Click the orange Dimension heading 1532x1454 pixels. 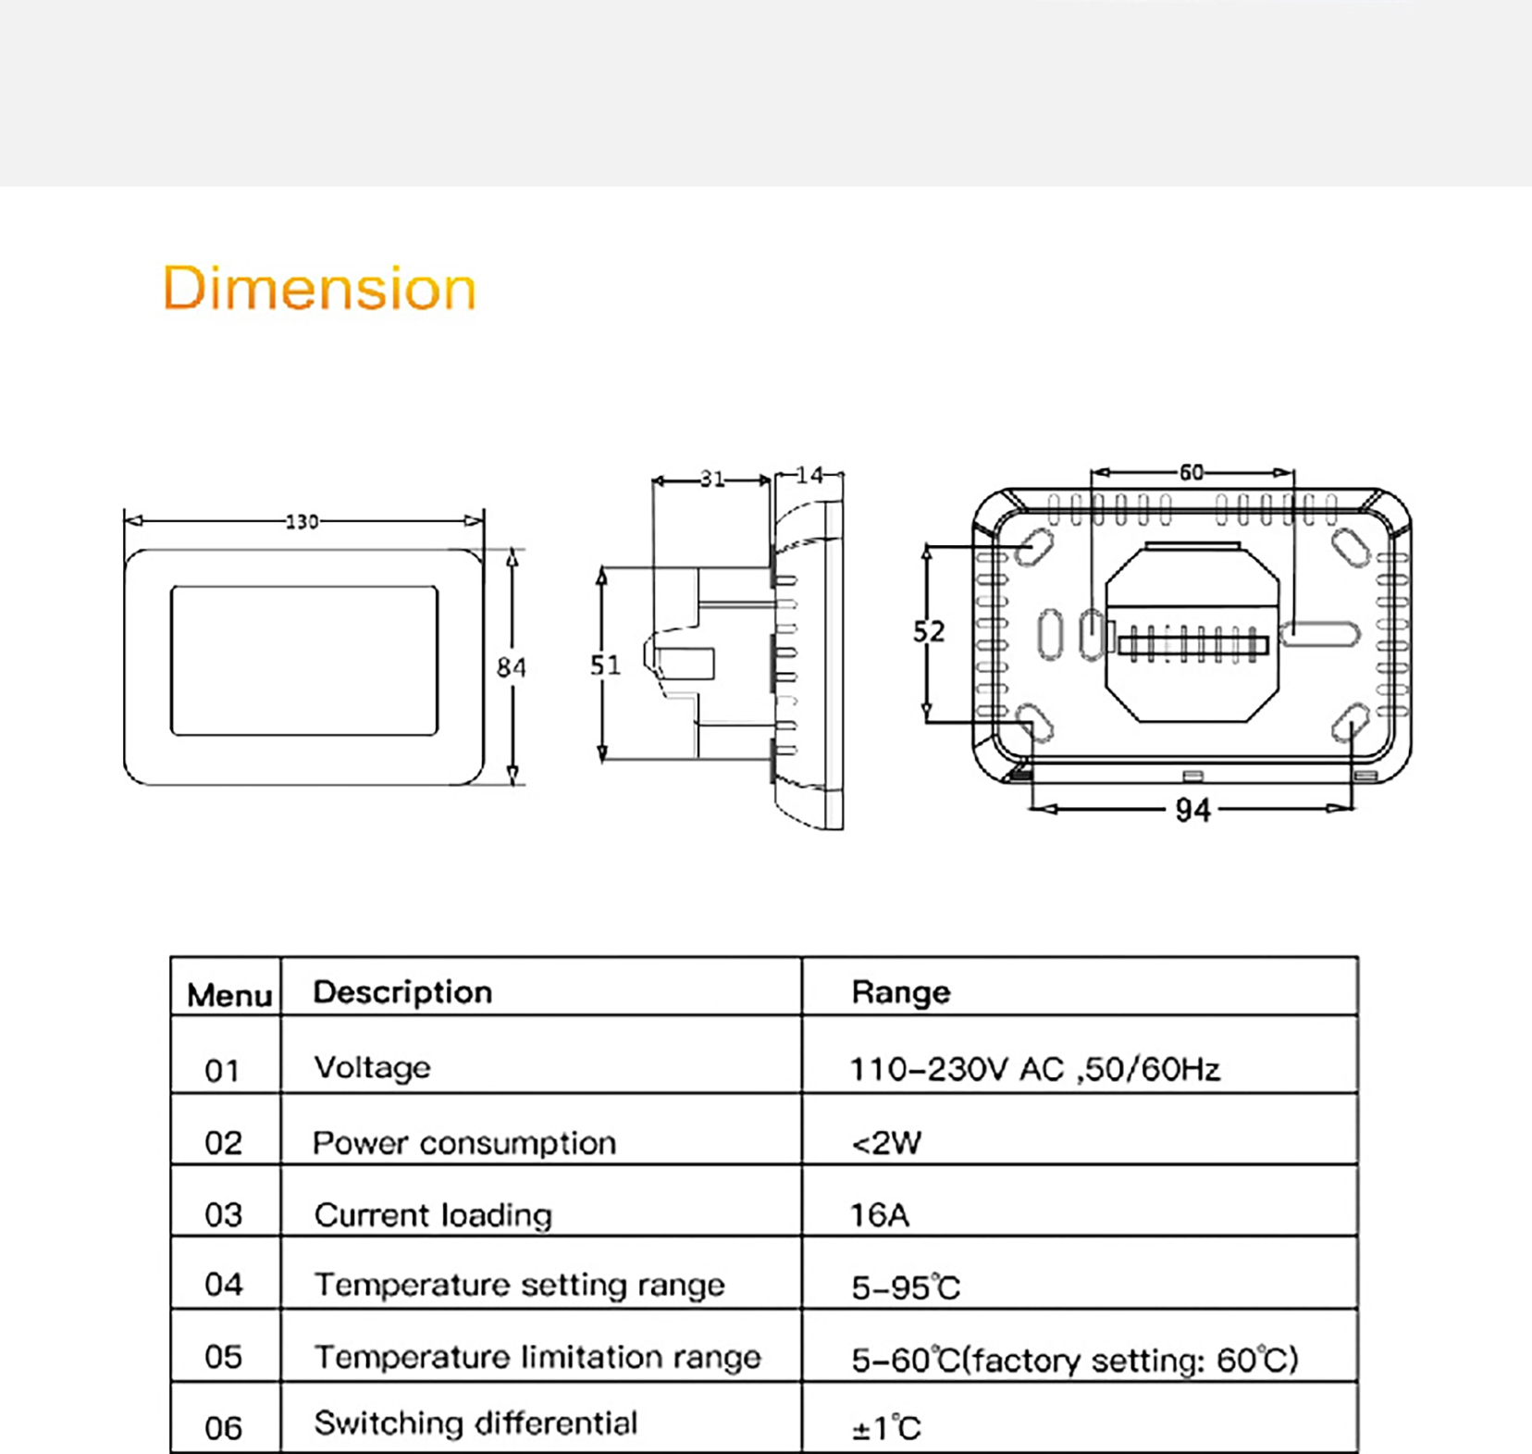coord(319,288)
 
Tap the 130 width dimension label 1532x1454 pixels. coord(303,522)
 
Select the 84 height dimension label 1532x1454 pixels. coord(512,667)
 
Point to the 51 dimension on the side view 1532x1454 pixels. coord(605,665)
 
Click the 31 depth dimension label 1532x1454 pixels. coord(712,478)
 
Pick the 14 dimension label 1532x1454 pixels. coord(809,475)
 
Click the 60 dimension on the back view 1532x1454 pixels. coord(1192,472)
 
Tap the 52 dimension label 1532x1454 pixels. coord(929,631)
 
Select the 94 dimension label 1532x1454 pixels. coord(1192,811)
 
